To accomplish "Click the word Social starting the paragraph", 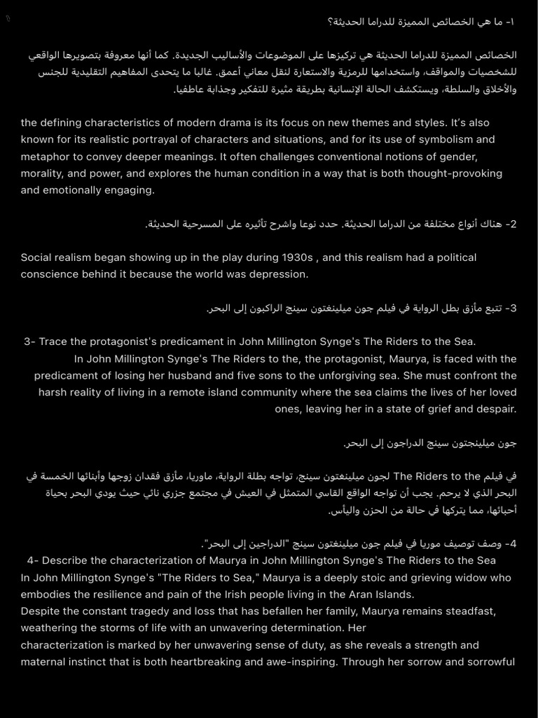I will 36,257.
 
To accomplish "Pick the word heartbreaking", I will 227,662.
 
